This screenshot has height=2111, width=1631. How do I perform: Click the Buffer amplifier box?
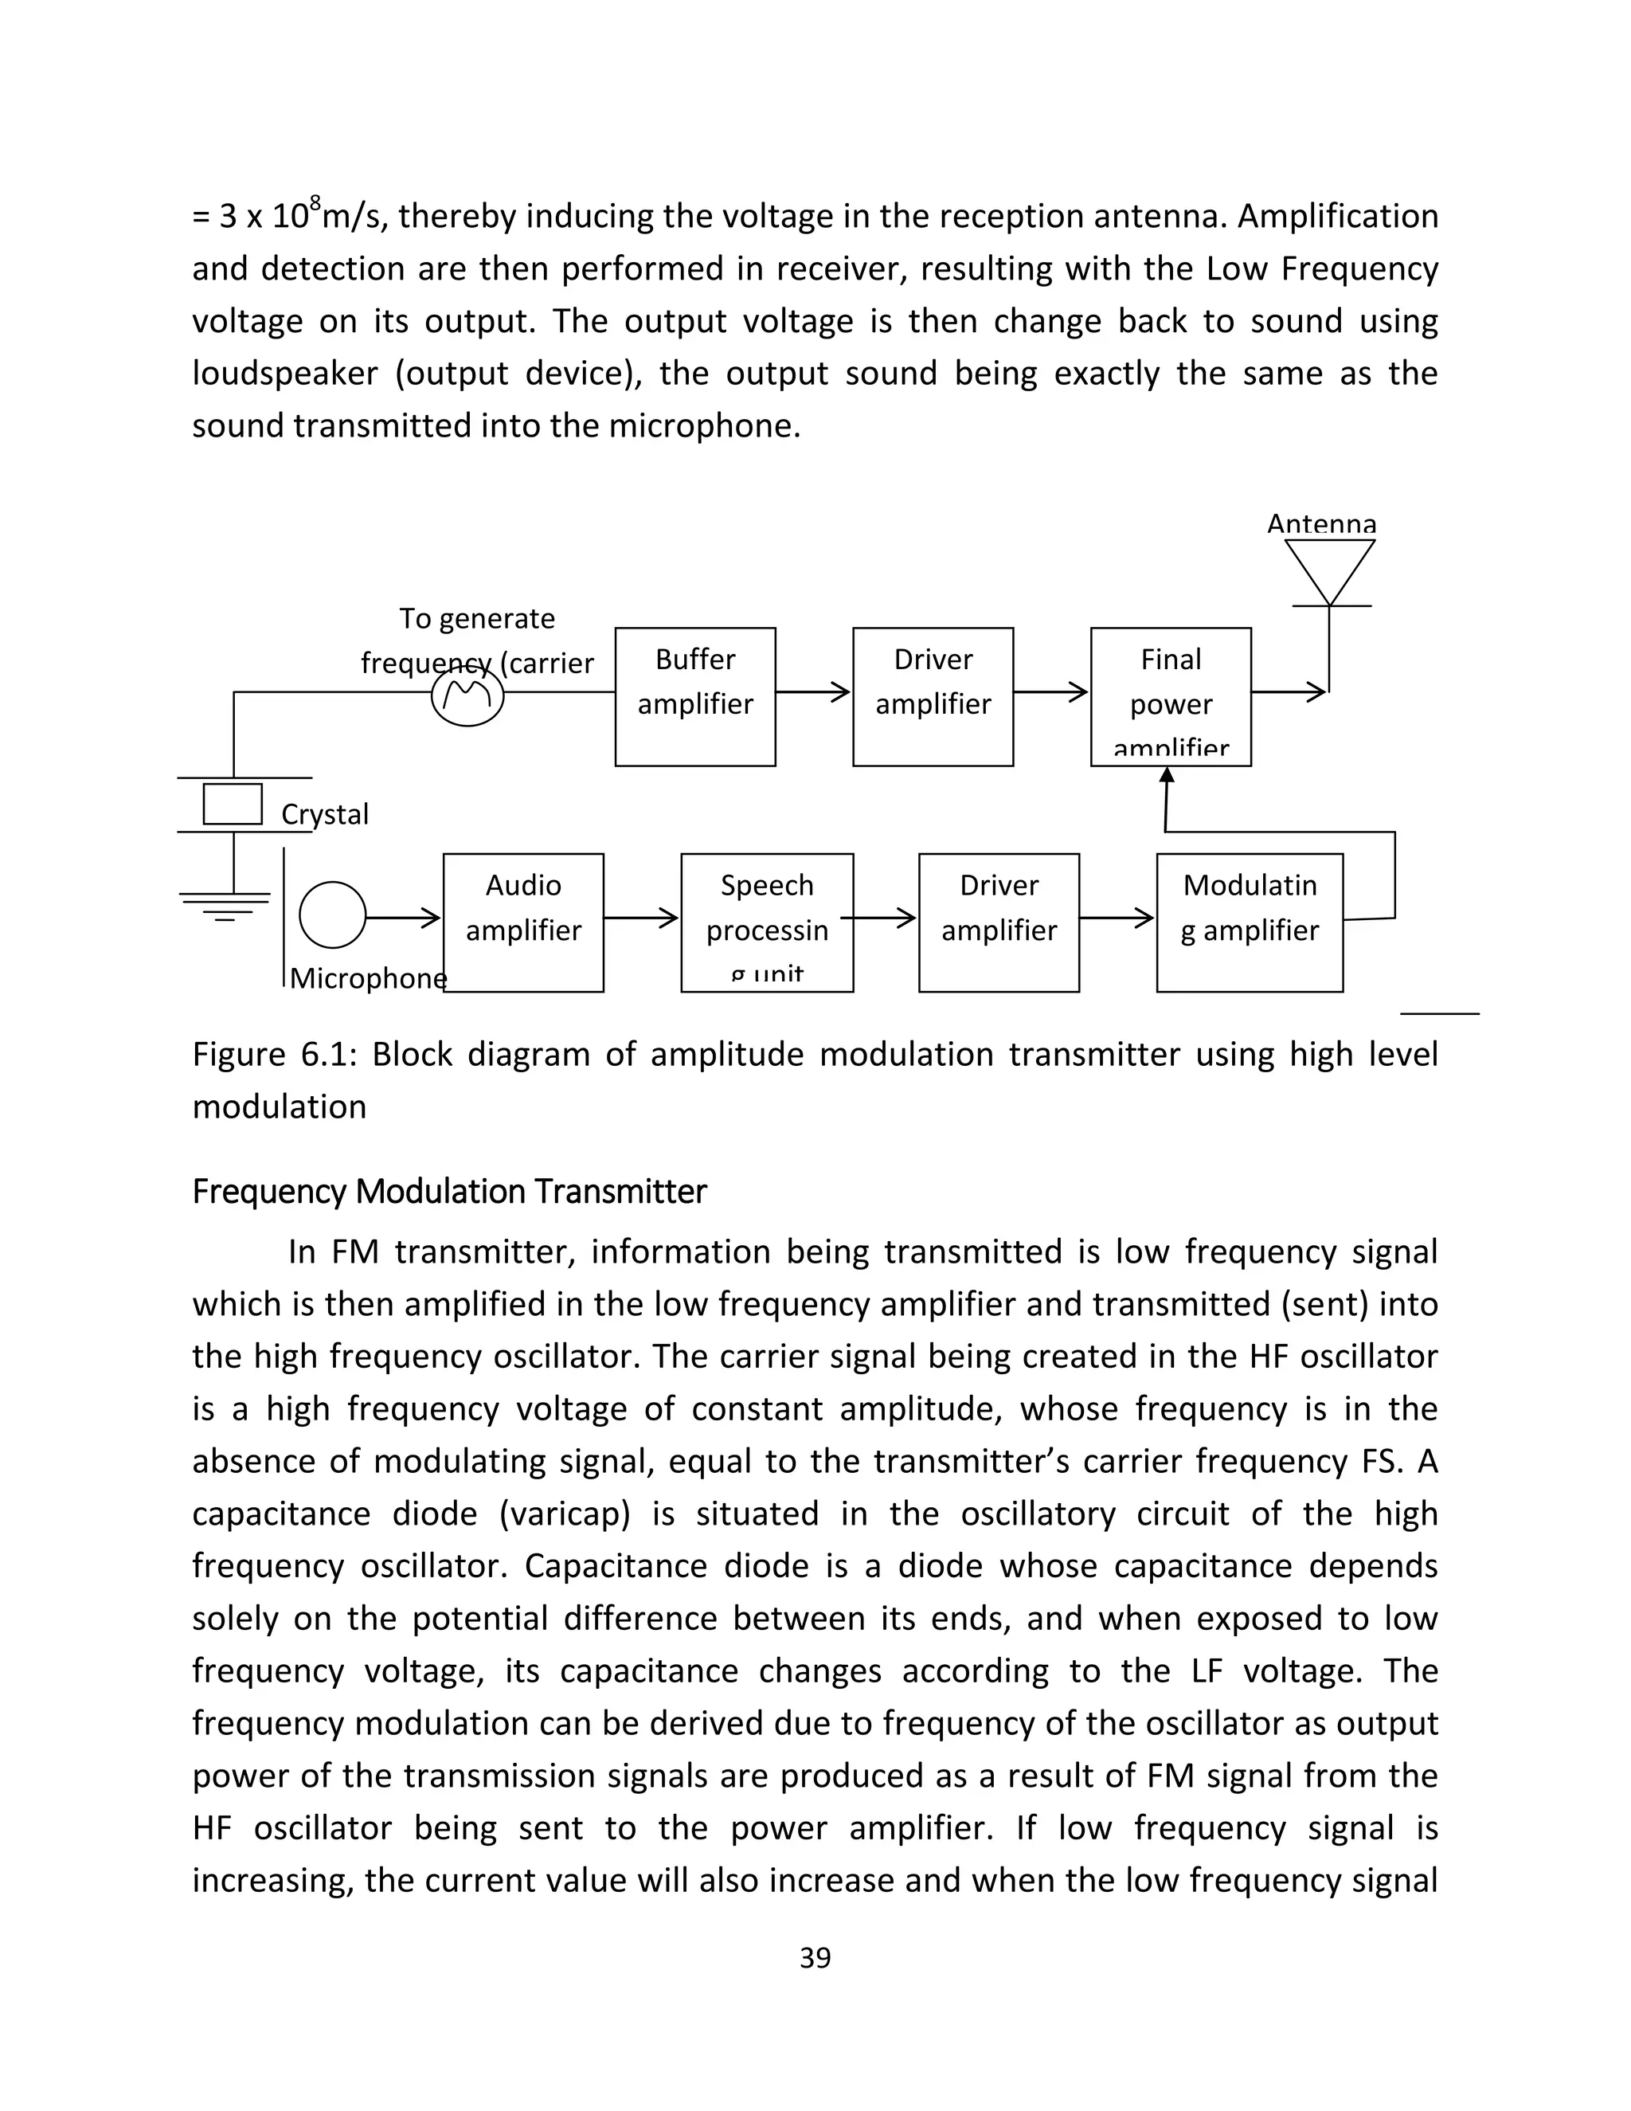click(x=694, y=697)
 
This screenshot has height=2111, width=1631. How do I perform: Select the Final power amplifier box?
click(x=1170, y=697)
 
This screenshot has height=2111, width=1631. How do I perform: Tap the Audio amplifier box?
click(x=522, y=922)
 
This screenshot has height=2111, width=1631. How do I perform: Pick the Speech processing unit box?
click(x=766, y=922)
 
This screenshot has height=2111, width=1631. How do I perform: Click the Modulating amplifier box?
click(x=1249, y=922)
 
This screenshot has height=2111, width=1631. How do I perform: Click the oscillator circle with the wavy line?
click(x=467, y=697)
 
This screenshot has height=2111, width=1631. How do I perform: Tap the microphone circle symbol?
click(x=332, y=915)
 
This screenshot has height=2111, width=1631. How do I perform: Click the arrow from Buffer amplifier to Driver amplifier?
click(x=812, y=692)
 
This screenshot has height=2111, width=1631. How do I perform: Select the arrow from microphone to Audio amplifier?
click(x=403, y=916)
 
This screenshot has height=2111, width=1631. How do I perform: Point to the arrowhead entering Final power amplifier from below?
click(x=1166, y=775)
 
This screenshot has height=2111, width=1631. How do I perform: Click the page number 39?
click(x=815, y=1957)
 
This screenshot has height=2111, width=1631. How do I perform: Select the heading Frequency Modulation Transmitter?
click(x=449, y=1191)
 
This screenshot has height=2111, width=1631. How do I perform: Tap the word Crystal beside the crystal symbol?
click(x=325, y=814)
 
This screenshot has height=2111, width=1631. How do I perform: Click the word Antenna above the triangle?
click(x=1321, y=524)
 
